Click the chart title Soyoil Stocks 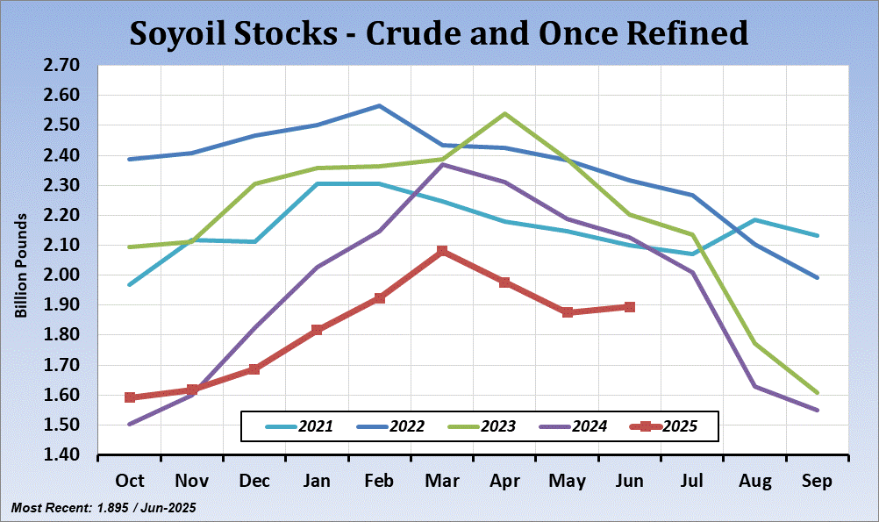(x=439, y=32)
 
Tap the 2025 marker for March (x=442, y=252)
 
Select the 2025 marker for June (x=630, y=307)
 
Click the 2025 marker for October (x=130, y=397)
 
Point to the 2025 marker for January (x=317, y=330)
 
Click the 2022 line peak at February (x=379, y=105)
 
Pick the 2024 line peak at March (x=443, y=164)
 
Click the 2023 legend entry (x=483, y=427)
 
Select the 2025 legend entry (x=665, y=427)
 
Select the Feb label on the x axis (x=379, y=481)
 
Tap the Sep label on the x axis (x=817, y=481)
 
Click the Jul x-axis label (x=692, y=481)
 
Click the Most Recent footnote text (x=103, y=508)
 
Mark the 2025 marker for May (x=568, y=312)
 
